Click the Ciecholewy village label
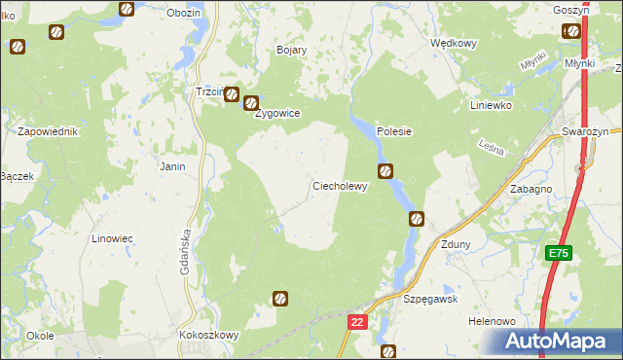pos(339,186)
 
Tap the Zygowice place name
pos(277,113)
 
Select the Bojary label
pos(292,50)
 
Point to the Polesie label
pos(394,131)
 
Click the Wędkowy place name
pos(453,43)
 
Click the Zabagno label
pos(531,190)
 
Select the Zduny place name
pos(456,244)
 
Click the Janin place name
pos(172,166)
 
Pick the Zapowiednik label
pos(48,131)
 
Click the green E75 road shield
pos(558,253)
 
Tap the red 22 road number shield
pos(357,321)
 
